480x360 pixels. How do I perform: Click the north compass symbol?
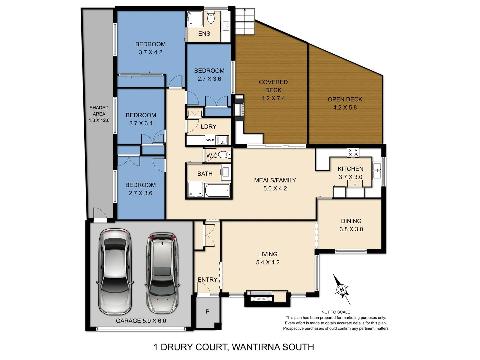coord(342,289)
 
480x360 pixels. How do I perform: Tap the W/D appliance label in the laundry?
coord(210,140)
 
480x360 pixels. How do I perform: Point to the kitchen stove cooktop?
coord(353,152)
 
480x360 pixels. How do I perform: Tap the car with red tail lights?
coord(162,272)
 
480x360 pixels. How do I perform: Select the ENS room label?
coord(204,34)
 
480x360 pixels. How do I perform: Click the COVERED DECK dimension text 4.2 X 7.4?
coord(273,98)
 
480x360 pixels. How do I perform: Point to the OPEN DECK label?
coord(345,99)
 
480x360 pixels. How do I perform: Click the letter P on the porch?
coord(207,312)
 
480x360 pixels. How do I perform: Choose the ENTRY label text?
coord(207,280)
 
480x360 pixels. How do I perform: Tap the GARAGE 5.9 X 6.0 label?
coord(141,321)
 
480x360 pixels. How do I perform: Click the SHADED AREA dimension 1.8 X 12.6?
coord(99,120)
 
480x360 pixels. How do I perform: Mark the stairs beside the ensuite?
coord(245,21)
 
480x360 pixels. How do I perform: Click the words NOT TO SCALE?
coord(335,312)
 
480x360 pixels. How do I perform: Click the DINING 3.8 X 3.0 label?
coord(351,225)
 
